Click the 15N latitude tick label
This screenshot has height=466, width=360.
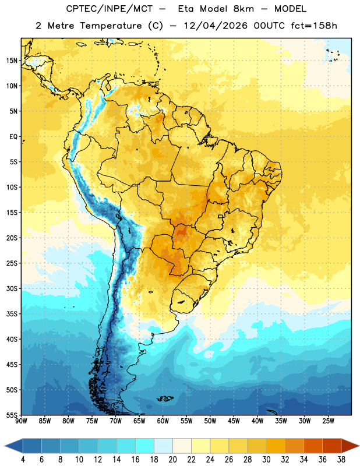pos(12,61)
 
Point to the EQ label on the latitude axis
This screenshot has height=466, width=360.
pos(13,137)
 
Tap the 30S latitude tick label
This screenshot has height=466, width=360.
pos(12,288)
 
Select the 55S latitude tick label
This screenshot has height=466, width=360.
pos(12,415)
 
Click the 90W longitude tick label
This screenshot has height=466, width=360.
pos(21,421)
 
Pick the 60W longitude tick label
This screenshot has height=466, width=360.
pos(163,421)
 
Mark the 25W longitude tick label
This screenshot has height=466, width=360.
pos(328,421)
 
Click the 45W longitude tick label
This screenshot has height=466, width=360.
pos(234,421)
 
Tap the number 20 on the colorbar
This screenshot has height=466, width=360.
pos(172,460)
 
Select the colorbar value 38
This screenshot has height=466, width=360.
pos(341,460)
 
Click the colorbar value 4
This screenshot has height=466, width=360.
pos(23,460)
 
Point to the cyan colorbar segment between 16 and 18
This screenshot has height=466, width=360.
pos(145,446)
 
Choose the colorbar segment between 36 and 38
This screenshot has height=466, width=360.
pos(332,446)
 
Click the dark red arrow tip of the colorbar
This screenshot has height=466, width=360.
pos(358,446)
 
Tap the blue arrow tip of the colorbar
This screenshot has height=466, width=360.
pos(5,446)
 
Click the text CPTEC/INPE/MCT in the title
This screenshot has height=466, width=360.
pos(109,9)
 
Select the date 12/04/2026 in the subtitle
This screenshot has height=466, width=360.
pos(216,26)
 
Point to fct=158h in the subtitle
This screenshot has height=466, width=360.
pos(314,26)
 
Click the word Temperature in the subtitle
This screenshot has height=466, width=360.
pos(111,26)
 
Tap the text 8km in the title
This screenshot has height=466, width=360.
pos(243,9)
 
